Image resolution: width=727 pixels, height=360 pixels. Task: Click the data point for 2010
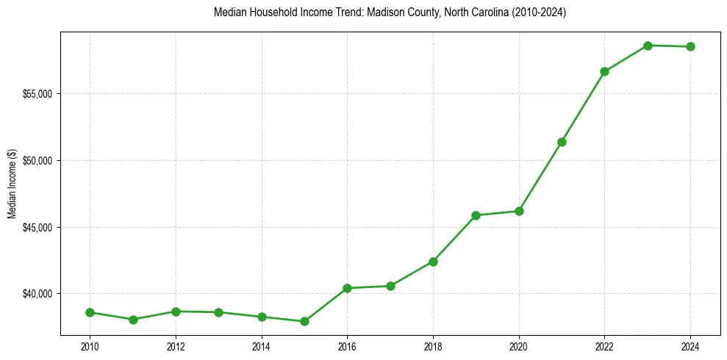(x=90, y=312)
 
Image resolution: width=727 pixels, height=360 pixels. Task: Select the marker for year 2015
(x=304, y=321)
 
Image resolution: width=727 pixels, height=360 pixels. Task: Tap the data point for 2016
(x=347, y=288)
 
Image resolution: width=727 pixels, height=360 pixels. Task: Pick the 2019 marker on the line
(x=476, y=215)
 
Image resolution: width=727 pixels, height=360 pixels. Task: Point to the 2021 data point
(x=562, y=142)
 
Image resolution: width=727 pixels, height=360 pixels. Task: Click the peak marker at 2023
(x=648, y=46)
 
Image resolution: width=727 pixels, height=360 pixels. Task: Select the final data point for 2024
(x=690, y=47)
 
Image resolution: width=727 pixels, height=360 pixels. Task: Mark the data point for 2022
(x=604, y=71)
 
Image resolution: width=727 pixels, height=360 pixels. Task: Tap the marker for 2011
(x=133, y=320)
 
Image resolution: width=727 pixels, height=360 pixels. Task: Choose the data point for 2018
(x=433, y=262)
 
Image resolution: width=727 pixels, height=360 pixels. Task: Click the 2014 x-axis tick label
(x=261, y=345)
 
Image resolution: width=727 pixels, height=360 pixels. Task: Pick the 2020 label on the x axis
(x=519, y=345)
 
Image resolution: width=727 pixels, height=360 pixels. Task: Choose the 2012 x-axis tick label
(x=176, y=345)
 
